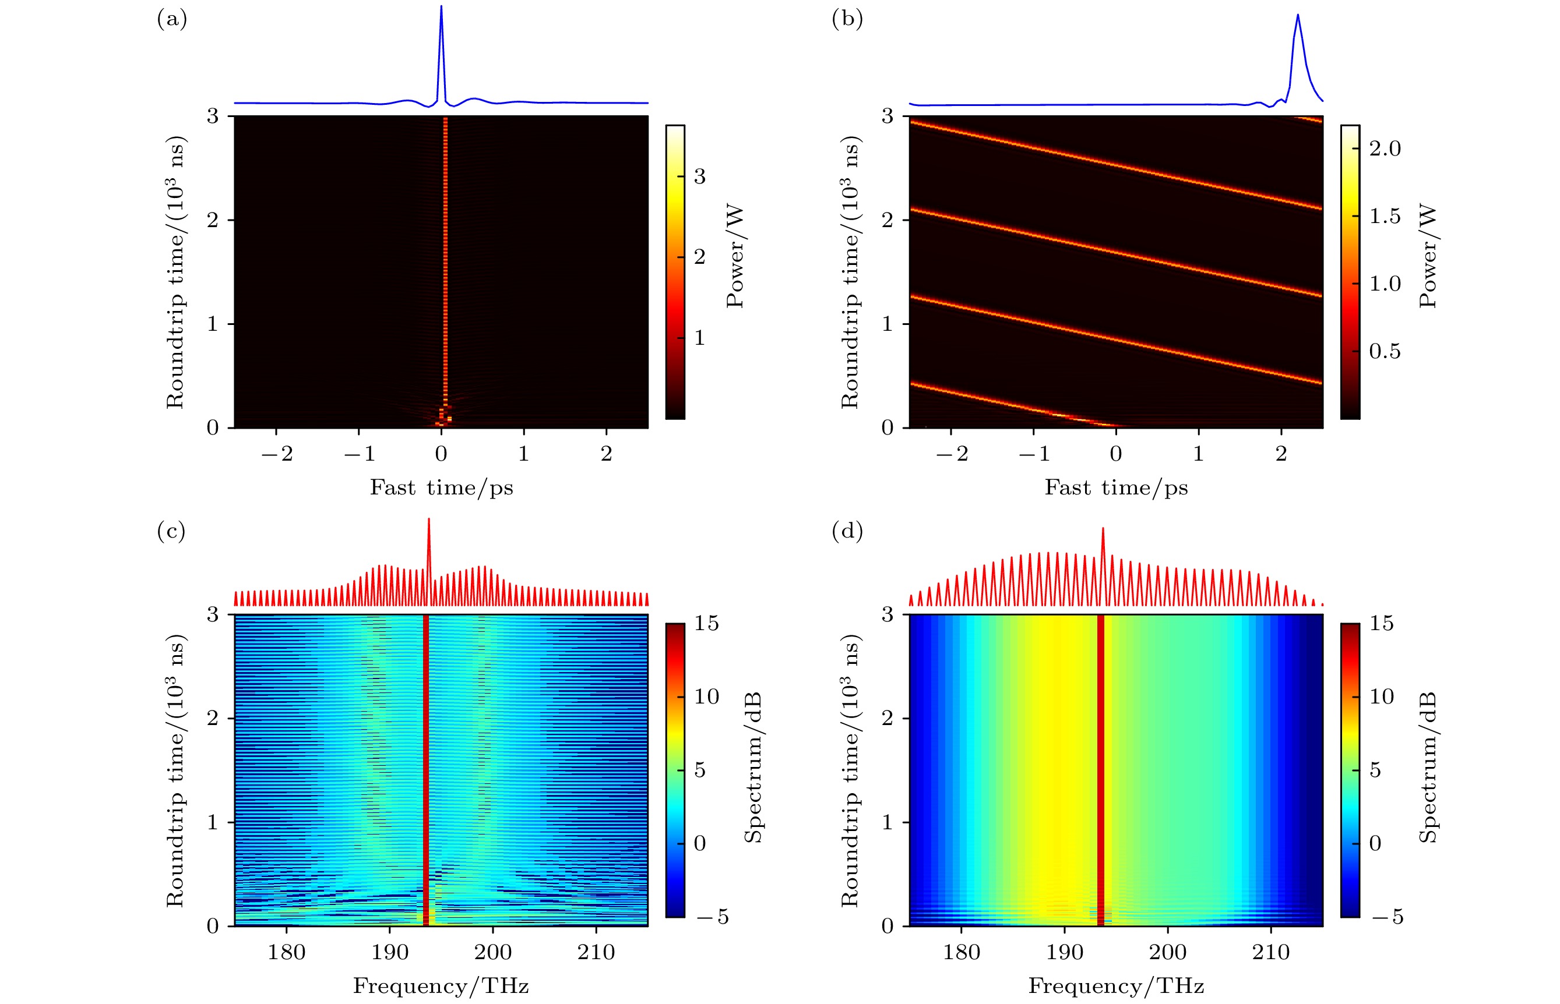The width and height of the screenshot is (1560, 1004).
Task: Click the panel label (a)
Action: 172,20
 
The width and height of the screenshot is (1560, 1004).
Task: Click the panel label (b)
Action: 847,20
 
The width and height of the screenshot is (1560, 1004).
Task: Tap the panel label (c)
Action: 171,531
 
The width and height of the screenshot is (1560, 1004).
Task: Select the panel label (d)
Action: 847,531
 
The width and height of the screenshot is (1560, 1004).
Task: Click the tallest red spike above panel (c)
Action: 428,519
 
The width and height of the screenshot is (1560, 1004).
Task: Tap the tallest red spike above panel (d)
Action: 1103,529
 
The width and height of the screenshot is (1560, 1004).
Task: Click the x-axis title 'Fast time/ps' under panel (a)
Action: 442,487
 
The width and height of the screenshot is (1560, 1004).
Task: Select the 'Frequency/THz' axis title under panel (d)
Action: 1116,986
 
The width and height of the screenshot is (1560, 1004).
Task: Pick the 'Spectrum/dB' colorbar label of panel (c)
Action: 753,768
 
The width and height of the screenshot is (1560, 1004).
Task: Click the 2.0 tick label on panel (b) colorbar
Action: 1385,149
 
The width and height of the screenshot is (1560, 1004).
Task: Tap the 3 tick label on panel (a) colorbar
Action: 700,176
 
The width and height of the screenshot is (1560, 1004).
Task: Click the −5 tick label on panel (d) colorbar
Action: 1387,917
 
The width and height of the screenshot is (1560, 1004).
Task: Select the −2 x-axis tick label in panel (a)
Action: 277,454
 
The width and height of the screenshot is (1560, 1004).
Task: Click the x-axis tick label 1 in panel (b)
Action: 1198,454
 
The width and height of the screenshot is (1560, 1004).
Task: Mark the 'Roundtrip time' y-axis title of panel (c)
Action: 175,770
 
